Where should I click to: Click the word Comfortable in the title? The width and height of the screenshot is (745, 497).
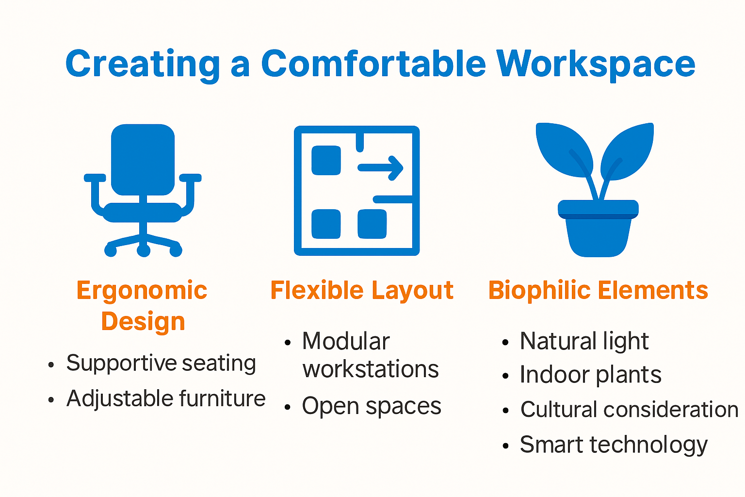[373, 64]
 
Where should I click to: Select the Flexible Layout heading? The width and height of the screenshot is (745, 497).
[361, 290]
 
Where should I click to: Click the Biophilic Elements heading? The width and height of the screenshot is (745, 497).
[598, 290]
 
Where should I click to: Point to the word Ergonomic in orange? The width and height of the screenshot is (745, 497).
[142, 291]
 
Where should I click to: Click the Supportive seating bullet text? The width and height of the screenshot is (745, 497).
[161, 363]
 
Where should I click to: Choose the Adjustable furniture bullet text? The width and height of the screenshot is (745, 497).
[165, 398]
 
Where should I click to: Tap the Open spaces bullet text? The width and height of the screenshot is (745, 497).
[371, 406]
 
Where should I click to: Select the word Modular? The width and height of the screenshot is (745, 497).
[345, 341]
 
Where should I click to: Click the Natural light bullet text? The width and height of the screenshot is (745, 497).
[583, 341]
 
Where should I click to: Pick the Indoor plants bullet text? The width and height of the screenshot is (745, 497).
[590, 375]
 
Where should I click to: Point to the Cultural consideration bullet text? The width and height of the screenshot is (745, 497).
[629, 409]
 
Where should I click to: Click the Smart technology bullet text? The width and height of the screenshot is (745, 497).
[613, 444]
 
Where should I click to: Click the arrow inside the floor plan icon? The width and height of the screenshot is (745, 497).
[381, 168]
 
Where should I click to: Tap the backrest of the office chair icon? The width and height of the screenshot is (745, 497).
[143, 159]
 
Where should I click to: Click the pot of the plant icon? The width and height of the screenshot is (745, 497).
[598, 233]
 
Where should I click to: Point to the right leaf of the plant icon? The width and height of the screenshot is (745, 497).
[628, 150]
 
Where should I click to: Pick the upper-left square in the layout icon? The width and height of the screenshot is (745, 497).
[326, 160]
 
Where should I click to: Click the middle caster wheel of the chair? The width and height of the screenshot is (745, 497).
[144, 250]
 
